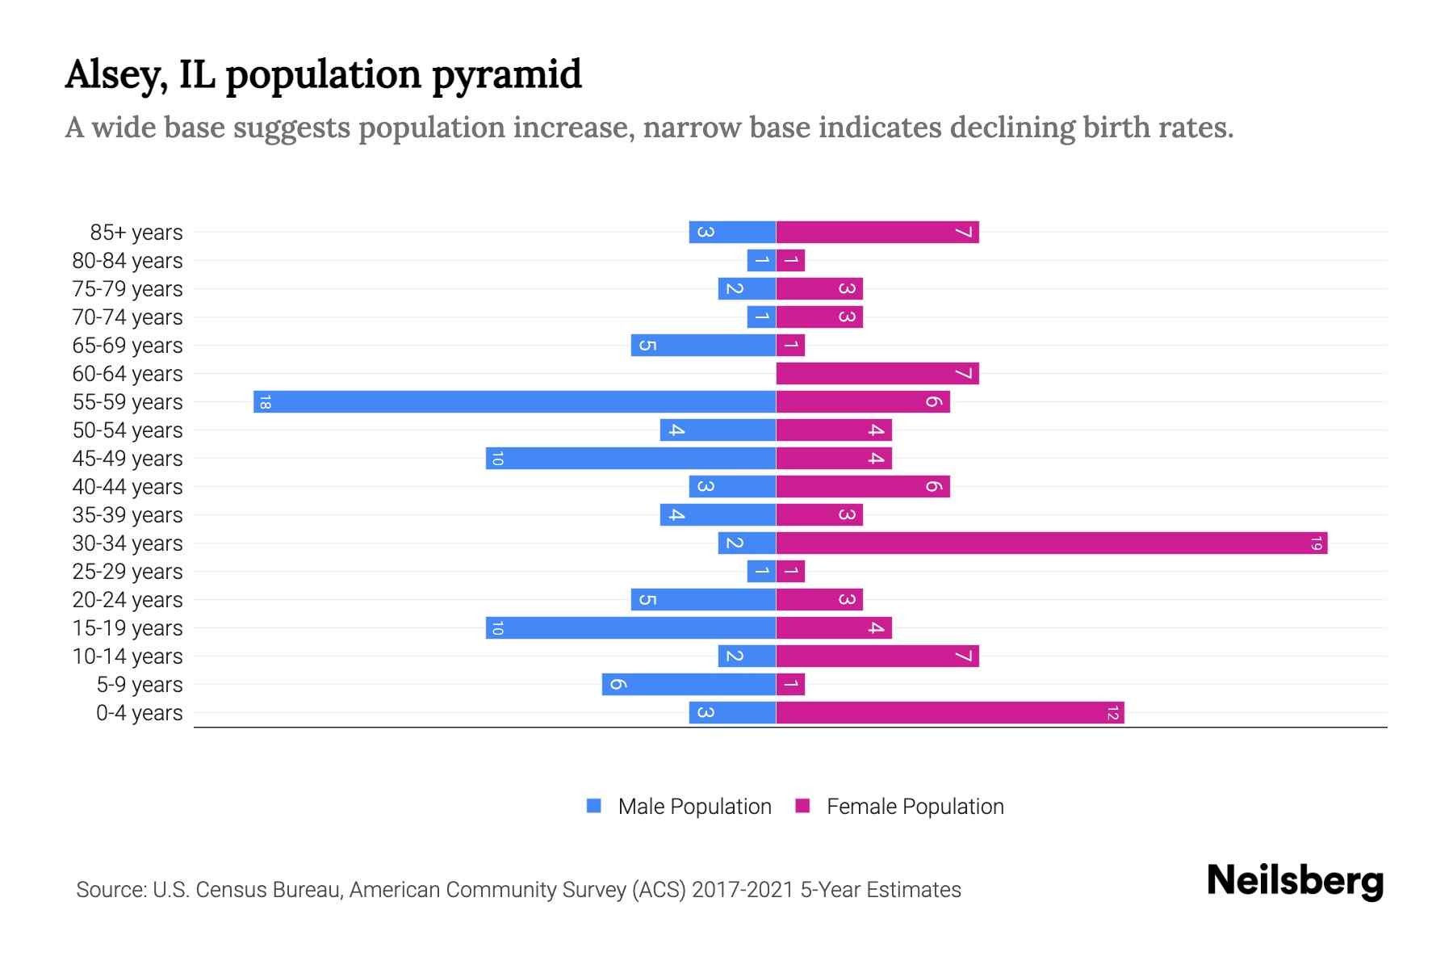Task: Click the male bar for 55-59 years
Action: click(514, 401)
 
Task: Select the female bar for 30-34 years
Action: click(1051, 543)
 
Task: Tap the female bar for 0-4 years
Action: click(949, 712)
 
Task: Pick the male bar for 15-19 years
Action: click(630, 627)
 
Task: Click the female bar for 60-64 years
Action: click(877, 373)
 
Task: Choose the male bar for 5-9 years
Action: click(689, 684)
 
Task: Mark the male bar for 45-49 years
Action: click(630, 458)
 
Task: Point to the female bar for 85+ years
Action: click(877, 232)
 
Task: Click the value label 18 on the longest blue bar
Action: click(265, 402)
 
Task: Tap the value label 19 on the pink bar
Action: click(1316, 543)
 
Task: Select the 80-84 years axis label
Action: click(128, 261)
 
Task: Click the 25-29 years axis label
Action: click(128, 572)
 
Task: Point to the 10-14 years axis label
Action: click(128, 656)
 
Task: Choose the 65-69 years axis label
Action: click(128, 346)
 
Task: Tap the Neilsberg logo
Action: click(1295, 880)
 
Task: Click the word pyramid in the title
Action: click(506, 74)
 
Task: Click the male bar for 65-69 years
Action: click(703, 345)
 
